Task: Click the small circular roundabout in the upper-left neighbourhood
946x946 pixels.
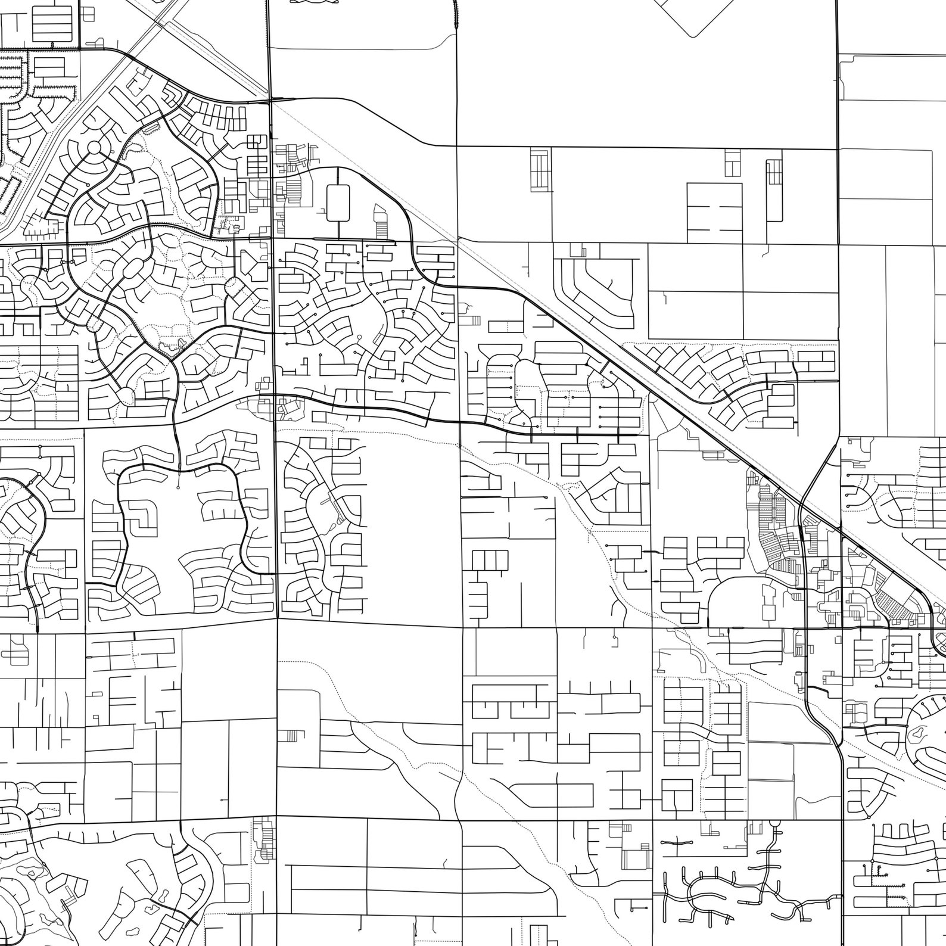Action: tap(94, 148)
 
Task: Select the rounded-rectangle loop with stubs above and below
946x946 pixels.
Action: tap(338, 203)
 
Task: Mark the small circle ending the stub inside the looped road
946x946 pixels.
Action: tap(179, 487)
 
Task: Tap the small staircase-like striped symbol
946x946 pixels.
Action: tap(290, 735)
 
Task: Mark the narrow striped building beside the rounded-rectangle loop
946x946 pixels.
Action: tap(379, 220)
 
